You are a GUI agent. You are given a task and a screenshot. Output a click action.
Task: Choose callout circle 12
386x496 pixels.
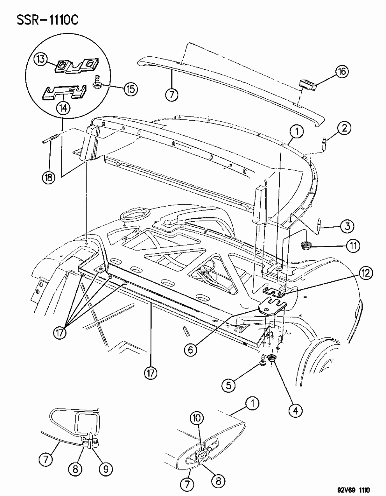click(x=365, y=273)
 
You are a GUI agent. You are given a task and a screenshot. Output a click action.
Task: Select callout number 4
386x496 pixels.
click(x=295, y=410)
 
